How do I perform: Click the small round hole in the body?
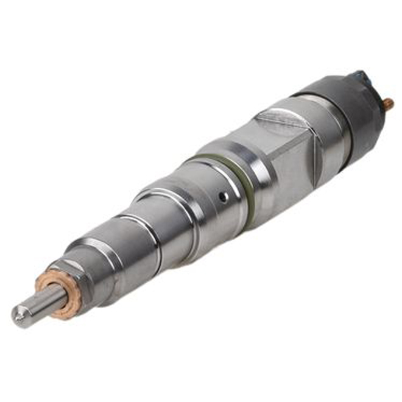[x=225, y=196]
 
